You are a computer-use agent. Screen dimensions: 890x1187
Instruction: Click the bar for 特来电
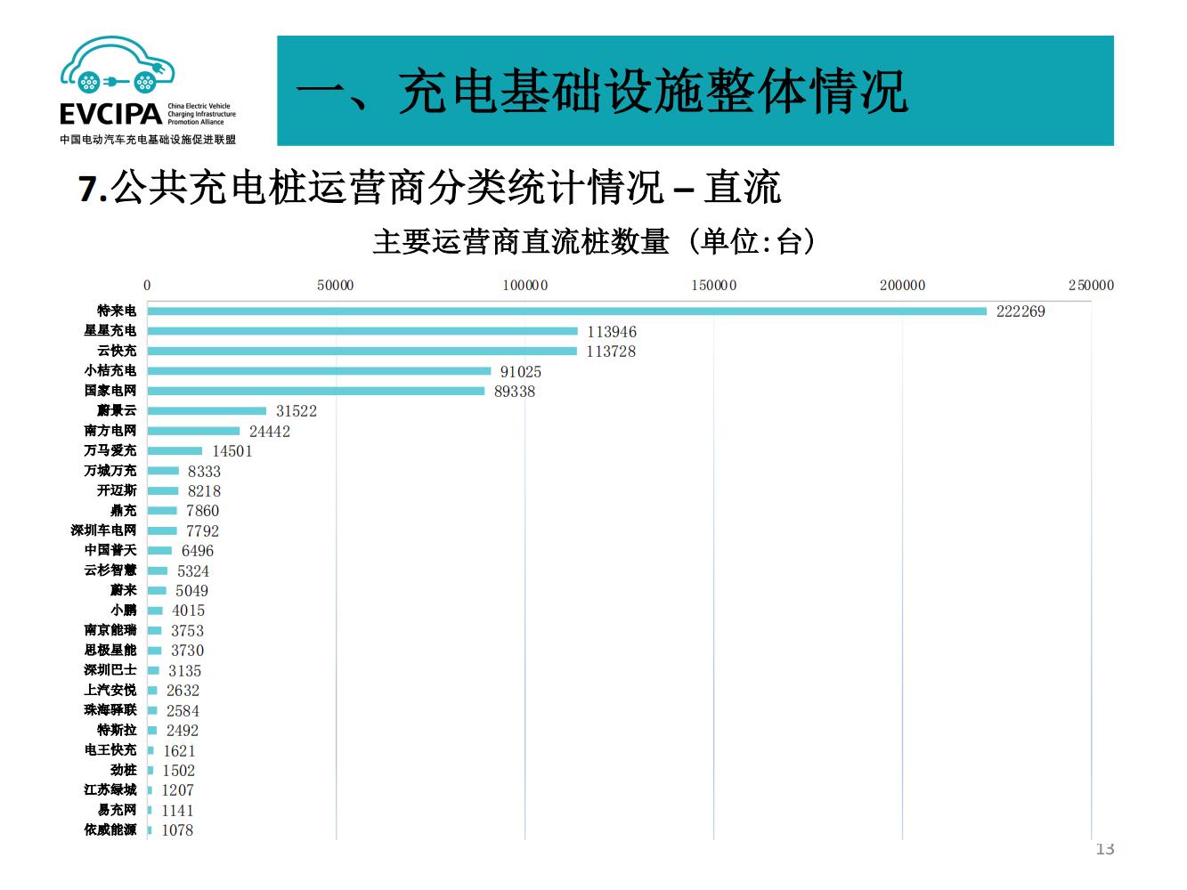566,311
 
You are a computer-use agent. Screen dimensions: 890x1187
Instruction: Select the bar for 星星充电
362,331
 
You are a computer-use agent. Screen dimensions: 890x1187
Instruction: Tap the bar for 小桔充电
319,371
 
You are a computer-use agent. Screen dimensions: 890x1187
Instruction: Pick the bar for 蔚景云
207,410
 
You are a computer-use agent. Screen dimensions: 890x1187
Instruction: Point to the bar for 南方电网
193,431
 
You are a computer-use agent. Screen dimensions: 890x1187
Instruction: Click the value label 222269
1020,311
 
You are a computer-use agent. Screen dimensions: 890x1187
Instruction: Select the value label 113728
611,352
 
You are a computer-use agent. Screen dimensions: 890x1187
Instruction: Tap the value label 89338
515,392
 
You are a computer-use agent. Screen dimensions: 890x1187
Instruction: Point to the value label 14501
232,451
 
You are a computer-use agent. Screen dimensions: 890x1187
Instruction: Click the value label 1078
177,830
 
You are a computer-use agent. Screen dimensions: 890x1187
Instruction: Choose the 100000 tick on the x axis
525,286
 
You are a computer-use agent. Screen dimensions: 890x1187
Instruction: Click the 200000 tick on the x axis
902,286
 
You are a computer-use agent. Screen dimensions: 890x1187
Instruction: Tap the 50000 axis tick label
336,286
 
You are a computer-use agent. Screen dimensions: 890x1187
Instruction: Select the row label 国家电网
110,391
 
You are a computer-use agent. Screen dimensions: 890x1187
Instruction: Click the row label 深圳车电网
104,530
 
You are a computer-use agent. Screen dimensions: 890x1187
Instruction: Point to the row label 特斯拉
117,730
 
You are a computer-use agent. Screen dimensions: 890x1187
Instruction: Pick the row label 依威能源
110,829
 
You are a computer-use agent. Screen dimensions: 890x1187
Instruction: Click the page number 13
1104,849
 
